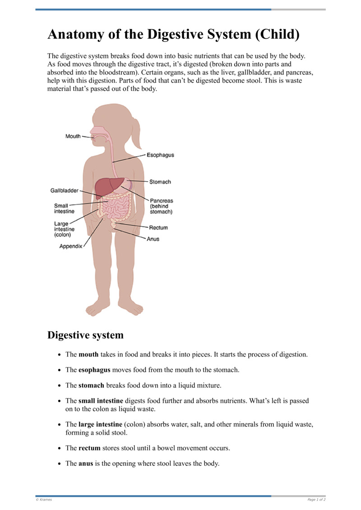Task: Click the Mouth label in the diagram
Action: tap(73, 136)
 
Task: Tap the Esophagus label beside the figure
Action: tap(160, 155)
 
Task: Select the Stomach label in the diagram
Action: tap(160, 182)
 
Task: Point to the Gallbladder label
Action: tap(64, 190)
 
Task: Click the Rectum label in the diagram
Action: tap(158, 227)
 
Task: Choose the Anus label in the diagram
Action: tap(153, 239)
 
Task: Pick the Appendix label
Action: tap(71, 246)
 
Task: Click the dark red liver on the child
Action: tap(108, 185)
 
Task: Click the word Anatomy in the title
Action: tap(75, 34)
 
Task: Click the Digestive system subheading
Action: tap(85, 335)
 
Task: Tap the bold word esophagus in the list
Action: tap(94, 370)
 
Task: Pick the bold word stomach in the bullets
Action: tap(91, 385)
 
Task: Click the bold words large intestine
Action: tap(100, 424)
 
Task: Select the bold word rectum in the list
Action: tap(89, 448)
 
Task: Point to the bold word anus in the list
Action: tap(86, 464)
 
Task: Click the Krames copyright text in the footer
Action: tap(44, 500)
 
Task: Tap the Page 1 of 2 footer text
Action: tap(316, 500)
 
